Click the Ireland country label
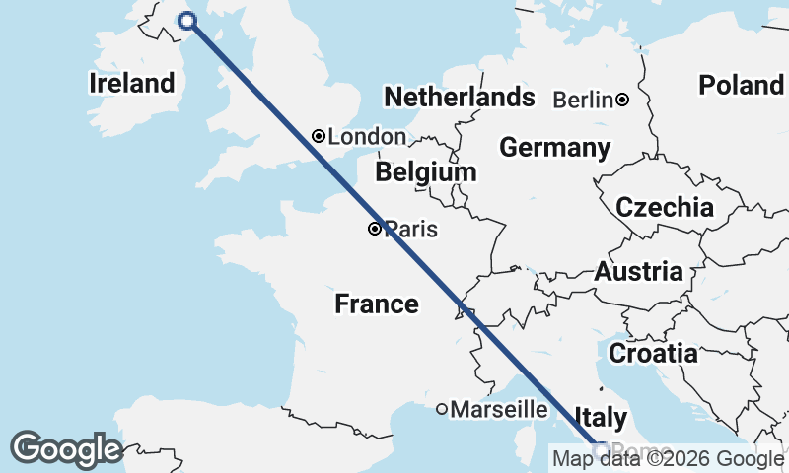[131, 84]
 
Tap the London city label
[367, 137]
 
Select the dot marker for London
[319, 136]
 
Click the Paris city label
[411, 230]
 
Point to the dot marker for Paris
[375, 229]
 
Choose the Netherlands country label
[460, 98]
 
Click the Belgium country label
[425, 172]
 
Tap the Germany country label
[554, 148]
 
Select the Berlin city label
[584, 100]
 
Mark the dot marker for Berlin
[623, 100]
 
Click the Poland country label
[741, 85]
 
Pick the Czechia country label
[665, 208]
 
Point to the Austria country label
[638, 272]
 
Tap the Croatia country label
[653, 353]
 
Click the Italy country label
[599, 417]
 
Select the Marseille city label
[500, 409]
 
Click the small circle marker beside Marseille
[443, 409]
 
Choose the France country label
[377, 304]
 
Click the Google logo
[66, 449]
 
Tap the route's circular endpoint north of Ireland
[185, 21]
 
